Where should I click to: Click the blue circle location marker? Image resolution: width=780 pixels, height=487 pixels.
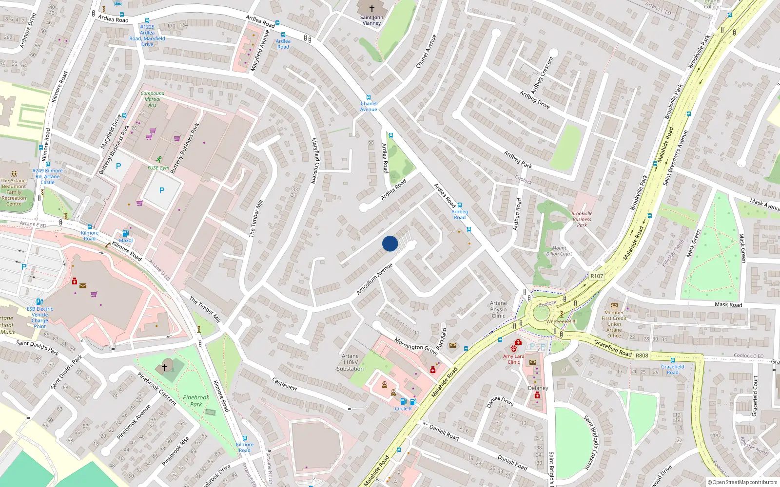point(390,243)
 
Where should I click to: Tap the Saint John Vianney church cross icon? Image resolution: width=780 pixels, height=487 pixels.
point(371,8)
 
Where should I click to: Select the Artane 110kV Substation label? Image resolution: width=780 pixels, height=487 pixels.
point(350,362)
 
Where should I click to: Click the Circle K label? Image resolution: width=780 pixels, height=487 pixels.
point(403,409)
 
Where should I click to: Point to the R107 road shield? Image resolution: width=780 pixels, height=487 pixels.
point(597,276)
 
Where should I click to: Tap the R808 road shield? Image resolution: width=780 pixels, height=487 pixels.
point(642,355)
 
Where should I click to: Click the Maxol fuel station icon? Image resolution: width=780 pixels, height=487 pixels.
point(125,233)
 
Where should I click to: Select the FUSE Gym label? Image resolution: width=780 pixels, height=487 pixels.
point(158,168)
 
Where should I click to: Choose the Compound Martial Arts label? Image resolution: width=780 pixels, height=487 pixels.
point(152,99)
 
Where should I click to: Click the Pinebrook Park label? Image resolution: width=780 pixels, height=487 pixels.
point(196,401)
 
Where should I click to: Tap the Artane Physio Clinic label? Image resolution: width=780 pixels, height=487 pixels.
point(498,309)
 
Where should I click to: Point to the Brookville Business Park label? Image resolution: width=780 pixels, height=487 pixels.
point(582,219)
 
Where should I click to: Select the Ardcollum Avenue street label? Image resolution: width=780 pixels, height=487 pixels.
point(374,279)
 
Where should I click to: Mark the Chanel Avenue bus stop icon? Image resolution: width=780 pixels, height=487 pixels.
point(368,97)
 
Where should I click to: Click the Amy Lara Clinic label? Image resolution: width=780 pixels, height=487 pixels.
point(513,359)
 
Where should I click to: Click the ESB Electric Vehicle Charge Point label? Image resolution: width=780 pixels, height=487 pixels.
point(40,318)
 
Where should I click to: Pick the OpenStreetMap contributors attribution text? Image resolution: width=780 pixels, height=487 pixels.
point(742,482)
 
